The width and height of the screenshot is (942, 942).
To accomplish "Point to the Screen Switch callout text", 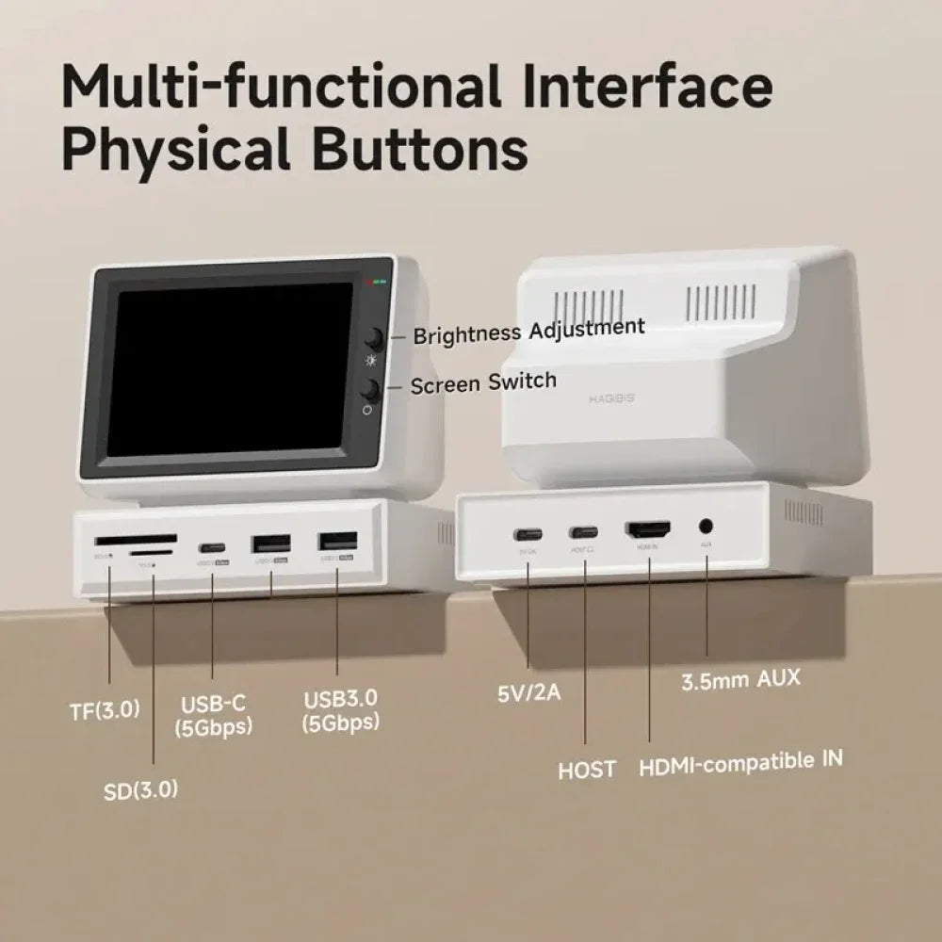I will [x=483, y=382].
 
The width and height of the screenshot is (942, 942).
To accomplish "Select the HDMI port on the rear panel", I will [x=648, y=529].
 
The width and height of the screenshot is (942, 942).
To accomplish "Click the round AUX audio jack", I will [x=706, y=528].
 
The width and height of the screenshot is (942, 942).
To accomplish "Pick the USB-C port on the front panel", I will [x=211, y=548].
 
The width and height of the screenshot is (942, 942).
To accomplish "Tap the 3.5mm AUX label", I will [x=740, y=679].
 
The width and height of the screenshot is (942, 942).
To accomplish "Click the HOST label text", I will [x=587, y=769].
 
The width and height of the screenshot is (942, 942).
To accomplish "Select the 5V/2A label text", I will [x=528, y=693].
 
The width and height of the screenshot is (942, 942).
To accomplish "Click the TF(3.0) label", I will [x=105, y=710].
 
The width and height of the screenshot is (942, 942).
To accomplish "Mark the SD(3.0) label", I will [x=140, y=789].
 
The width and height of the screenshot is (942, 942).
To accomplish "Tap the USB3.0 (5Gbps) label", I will [x=341, y=710].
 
